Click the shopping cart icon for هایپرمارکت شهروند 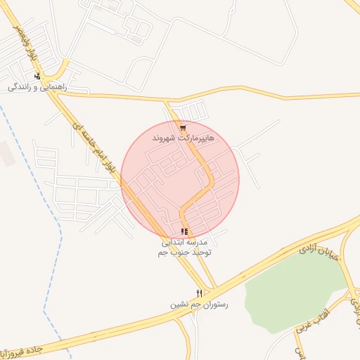pyautogui.click(x=183, y=128)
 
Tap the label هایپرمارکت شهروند pyautogui.click(x=181, y=139)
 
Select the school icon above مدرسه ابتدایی pyautogui.click(x=184, y=231)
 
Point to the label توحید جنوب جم pyautogui.click(x=184, y=251)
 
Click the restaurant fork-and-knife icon pyautogui.click(x=199, y=293)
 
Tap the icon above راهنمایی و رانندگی pyautogui.click(x=37, y=77)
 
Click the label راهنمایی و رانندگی pyautogui.click(x=37, y=87)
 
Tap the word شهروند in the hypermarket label pyautogui.click(x=166, y=139)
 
